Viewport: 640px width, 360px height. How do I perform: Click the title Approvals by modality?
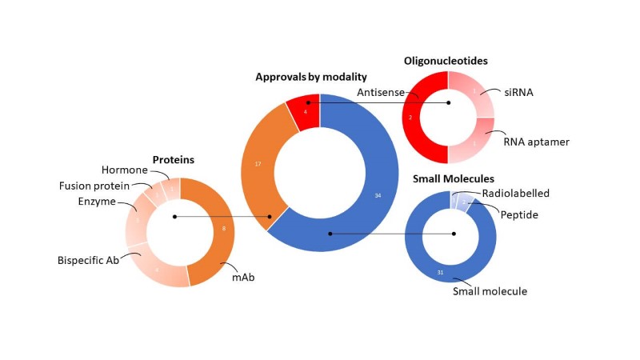click(x=311, y=77)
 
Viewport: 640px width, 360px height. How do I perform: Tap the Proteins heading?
click(x=174, y=160)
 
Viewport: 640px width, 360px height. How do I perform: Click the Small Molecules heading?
click(x=453, y=178)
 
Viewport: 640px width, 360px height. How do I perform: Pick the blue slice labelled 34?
click(x=376, y=195)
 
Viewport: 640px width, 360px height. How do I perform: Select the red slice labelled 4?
click(x=305, y=110)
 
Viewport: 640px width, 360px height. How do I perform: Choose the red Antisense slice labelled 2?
click(x=411, y=117)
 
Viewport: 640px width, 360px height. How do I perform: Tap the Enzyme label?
click(x=96, y=201)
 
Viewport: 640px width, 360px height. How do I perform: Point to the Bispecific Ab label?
click(x=88, y=260)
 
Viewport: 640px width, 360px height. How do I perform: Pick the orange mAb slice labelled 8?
click(x=222, y=229)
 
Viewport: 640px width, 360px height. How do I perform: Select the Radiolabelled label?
click(x=514, y=194)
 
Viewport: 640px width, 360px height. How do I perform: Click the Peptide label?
click(x=518, y=214)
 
